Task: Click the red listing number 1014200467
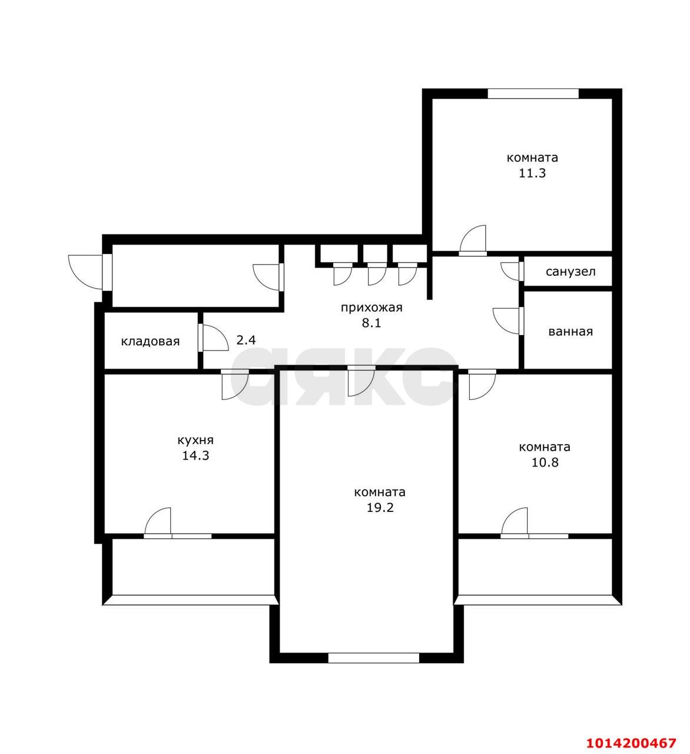click(x=631, y=742)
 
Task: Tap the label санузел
click(x=570, y=272)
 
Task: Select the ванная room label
click(x=570, y=332)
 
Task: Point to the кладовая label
click(x=150, y=341)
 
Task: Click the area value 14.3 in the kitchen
click(x=195, y=455)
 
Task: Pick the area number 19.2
click(x=380, y=508)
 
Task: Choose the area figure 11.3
click(x=532, y=173)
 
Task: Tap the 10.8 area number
click(x=545, y=462)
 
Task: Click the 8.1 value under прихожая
click(x=371, y=323)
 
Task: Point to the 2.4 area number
click(x=246, y=340)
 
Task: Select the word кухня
click(x=195, y=440)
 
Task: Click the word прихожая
click(x=371, y=307)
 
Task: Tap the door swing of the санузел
click(x=510, y=271)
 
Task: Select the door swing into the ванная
click(x=506, y=320)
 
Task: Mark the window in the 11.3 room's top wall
click(x=533, y=94)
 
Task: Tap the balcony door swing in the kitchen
click(x=157, y=521)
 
